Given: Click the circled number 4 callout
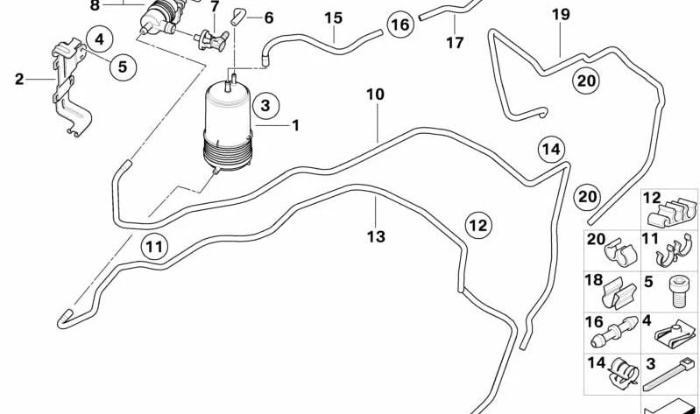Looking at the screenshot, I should coord(100,39).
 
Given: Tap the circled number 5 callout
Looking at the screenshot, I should coord(123,66).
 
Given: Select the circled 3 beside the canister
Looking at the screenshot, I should coord(265,107).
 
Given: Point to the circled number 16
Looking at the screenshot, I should coord(399,25).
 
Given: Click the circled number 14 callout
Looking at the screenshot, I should coord(549,150).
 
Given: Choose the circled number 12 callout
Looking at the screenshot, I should coord(477,225).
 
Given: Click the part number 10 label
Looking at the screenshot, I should coord(375,94).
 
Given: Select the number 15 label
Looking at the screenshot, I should coord(333,18).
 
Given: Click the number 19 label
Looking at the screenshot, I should coord(561,14).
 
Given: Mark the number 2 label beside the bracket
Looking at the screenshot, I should coord(19,80).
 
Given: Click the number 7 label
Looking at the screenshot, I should coord(214,7).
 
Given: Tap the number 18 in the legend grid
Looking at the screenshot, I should coord(594,281).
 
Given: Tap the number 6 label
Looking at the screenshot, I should coord(268,18).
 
